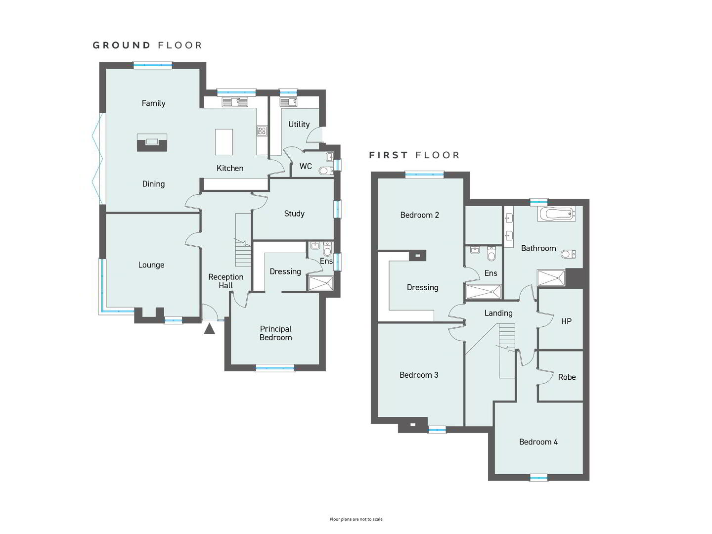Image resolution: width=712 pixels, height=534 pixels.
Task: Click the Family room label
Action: point(153,103)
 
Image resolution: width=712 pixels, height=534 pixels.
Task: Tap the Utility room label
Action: point(299,124)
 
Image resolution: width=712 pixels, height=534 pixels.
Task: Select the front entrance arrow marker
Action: point(210,329)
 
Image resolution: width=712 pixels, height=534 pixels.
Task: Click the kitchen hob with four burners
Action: point(262,131)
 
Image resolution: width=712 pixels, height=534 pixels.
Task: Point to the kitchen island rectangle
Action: point(224,142)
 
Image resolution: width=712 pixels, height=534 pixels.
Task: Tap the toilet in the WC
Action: point(325,170)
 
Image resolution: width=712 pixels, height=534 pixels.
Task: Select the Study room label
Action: point(294,213)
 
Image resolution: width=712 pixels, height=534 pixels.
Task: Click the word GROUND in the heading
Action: point(121,45)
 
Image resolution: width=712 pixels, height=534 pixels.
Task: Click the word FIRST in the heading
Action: point(388,155)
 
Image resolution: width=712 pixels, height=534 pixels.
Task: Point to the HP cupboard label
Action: point(566,321)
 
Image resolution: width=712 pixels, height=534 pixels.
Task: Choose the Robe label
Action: point(567,377)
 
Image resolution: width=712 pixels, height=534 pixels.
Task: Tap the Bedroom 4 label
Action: point(538,442)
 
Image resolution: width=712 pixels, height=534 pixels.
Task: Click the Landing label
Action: point(498,313)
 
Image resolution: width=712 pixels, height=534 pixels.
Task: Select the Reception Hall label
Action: point(226,281)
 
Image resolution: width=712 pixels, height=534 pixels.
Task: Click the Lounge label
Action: point(151,265)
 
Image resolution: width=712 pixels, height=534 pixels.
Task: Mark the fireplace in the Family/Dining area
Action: point(152,143)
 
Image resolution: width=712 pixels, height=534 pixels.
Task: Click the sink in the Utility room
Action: point(288,102)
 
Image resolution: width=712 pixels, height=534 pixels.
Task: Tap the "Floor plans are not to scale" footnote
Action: point(356,519)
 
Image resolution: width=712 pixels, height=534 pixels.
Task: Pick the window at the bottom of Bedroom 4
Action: point(539,477)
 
